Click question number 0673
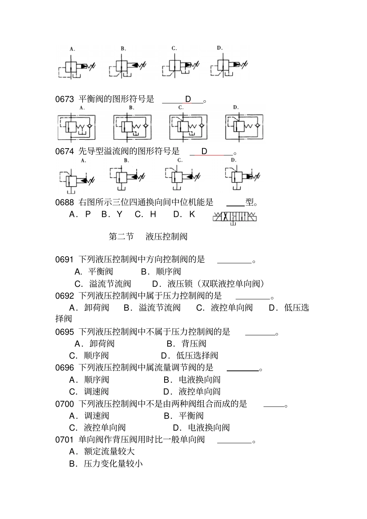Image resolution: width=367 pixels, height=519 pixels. click(65, 99)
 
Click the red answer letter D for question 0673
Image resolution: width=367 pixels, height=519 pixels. click(188, 99)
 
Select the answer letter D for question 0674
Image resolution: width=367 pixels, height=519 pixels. click(204, 151)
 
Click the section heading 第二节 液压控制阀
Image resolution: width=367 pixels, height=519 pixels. click(148, 237)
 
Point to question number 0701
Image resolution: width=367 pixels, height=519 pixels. click(65, 440)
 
